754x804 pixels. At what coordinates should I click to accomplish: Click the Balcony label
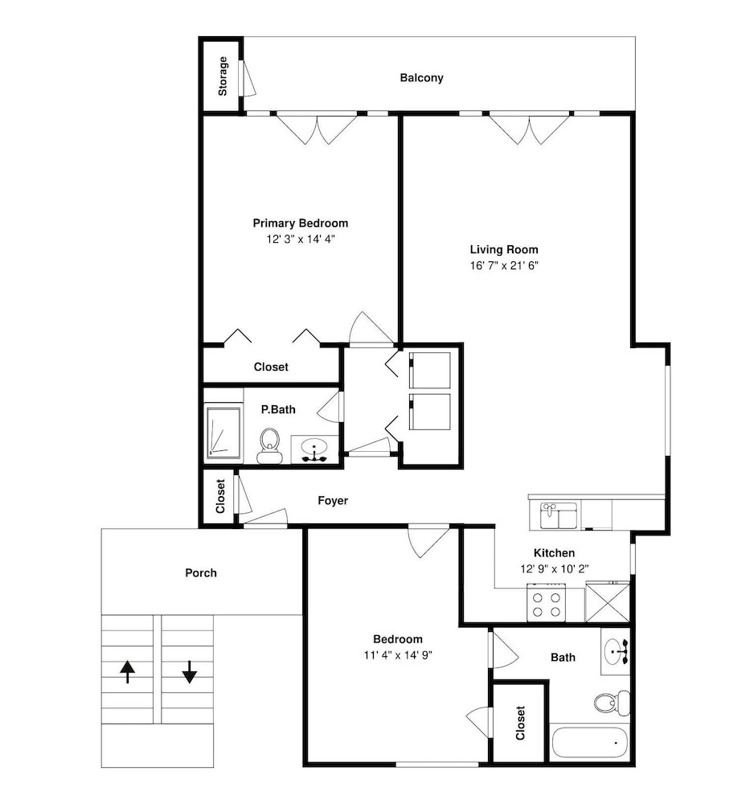pos(421,78)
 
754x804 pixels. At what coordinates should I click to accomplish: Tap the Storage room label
pos(223,76)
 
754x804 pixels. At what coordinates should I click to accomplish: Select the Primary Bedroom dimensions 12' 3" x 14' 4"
pos(301,239)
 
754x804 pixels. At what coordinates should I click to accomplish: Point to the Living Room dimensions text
pos(504,265)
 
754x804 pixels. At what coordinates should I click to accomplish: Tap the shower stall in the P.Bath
pos(223,433)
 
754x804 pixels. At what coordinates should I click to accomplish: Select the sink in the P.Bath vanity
pos(314,449)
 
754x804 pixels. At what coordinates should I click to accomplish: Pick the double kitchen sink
pos(559,516)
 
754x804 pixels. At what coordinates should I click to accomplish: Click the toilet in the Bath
pos(612,703)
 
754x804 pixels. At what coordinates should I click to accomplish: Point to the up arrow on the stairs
pos(128,671)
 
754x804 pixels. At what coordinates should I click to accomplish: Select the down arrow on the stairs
pos(190,671)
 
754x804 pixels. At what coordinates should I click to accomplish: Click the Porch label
pos(201,572)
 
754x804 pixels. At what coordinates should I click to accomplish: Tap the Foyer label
pos(333,500)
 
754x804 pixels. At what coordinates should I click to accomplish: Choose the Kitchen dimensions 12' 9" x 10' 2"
pos(554,568)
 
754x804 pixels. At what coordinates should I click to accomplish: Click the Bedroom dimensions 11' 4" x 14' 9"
pos(398,654)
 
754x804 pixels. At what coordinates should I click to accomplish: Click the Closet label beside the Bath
pos(520,723)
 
